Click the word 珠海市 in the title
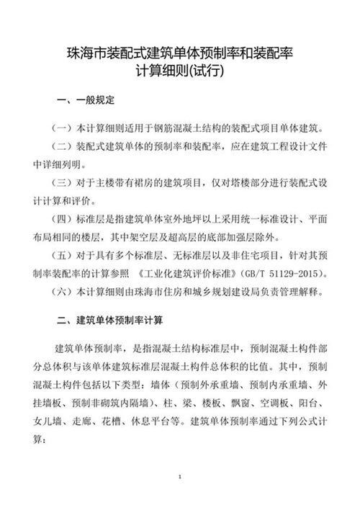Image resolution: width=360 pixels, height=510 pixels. click(84, 53)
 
